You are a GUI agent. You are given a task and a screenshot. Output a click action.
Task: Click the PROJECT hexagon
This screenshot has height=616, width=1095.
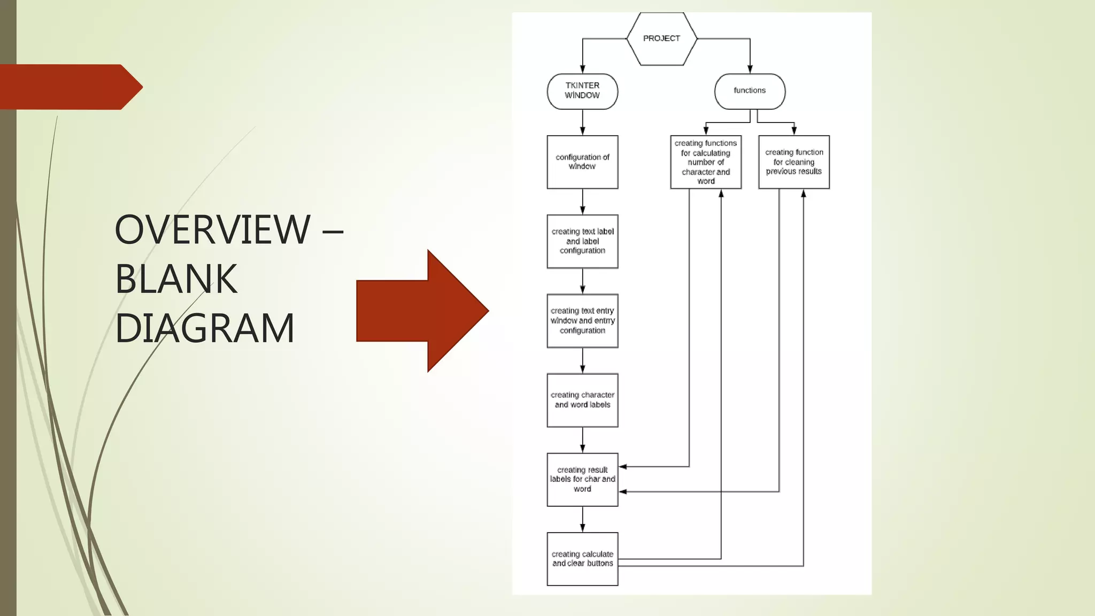click(661, 38)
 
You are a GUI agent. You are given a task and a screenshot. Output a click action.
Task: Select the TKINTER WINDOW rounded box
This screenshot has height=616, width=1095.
click(582, 91)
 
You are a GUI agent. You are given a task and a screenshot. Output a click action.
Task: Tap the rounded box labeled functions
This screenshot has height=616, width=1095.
click(750, 91)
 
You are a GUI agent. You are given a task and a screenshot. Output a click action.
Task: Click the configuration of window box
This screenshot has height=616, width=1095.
click(582, 162)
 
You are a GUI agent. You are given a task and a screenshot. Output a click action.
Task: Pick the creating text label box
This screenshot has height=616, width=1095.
click(582, 241)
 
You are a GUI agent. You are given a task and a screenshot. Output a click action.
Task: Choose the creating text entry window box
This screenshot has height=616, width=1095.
click(582, 321)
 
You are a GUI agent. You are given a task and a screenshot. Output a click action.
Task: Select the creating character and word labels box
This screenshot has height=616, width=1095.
click(582, 400)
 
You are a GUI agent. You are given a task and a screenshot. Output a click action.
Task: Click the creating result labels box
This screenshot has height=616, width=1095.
click(582, 480)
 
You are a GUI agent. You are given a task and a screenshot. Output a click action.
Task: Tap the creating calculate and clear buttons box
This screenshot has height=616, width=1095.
click(582, 559)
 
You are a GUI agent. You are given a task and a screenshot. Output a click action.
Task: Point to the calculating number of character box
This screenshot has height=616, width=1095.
click(706, 162)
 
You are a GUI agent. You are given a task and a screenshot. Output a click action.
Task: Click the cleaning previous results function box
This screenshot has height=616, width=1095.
click(794, 162)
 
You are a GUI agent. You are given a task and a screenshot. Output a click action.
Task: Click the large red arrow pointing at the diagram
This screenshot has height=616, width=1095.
click(422, 311)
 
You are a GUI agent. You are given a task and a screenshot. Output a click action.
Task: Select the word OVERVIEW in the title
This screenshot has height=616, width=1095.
click(212, 229)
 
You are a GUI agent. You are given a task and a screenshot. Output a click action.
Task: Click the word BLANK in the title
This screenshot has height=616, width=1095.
click(176, 279)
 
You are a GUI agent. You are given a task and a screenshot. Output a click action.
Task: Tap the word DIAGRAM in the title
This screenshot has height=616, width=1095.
click(205, 328)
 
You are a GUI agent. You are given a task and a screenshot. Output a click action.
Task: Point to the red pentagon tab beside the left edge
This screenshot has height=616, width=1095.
click(70, 87)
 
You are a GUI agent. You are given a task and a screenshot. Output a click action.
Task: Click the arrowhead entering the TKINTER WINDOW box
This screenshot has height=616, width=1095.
click(582, 69)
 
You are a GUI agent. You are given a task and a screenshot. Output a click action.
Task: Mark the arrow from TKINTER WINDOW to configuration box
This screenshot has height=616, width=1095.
click(582, 122)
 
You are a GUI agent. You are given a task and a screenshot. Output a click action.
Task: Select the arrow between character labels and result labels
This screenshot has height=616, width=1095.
click(582, 440)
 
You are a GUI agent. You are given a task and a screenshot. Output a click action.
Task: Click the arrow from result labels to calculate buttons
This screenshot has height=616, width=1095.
click(582, 519)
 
